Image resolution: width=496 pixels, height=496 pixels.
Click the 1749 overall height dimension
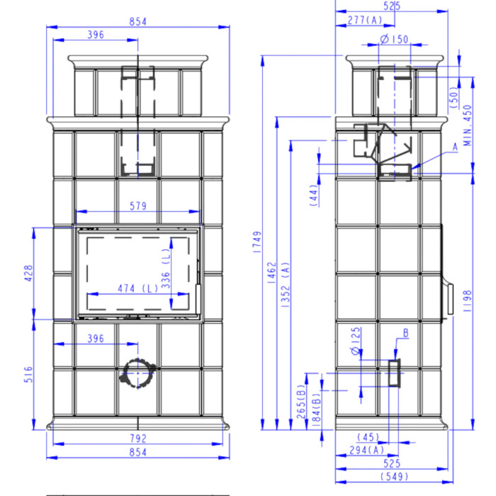[x=257, y=242]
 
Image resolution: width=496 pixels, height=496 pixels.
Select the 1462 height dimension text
[x=271, y=272]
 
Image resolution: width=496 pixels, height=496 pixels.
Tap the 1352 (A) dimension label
[x=285, y=285]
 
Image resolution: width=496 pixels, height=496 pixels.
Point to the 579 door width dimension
[x=138, y=206]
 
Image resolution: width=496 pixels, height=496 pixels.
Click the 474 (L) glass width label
[x=138, y=288]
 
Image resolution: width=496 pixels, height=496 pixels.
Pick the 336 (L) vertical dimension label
[x=166, y=269]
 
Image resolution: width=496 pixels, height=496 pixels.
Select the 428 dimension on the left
[x=28, y=274]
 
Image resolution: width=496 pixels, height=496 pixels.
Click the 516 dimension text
[x=28, y=374]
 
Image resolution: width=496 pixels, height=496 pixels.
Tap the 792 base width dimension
[x=138, y=439]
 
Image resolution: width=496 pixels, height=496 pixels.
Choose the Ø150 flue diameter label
[x=394, y=39]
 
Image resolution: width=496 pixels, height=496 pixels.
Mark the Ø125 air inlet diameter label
[x=356, y=341]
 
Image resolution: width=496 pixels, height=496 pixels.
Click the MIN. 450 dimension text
[x=467, y=125]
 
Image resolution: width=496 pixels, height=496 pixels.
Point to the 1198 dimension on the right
[x=467, y=301]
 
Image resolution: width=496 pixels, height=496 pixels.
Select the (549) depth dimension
[x=394, y=476]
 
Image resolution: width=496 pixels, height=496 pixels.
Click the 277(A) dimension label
[x=365, y=21]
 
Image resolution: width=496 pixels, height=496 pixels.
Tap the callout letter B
[x=406, y=333]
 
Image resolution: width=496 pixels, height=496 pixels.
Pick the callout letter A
[x=455, y=147]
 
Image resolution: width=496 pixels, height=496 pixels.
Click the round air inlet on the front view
[x=138, y=373]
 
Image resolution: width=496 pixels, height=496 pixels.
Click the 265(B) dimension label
[x=301, y=402]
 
